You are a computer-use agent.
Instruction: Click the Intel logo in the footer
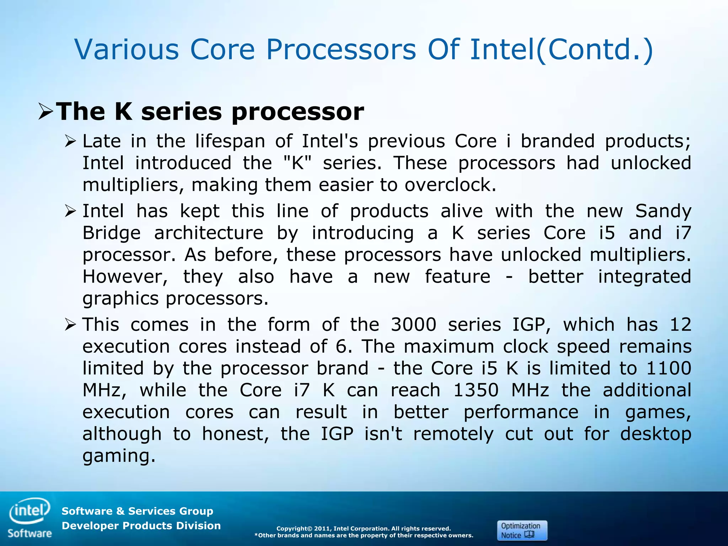pyautogui.click(x=30, y=511)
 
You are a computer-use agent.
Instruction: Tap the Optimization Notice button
pyautogui.click(x=522, y=530)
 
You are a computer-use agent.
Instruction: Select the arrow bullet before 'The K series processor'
pyautogui.click(x=45, y=112)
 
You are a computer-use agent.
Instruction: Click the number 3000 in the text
pyautogui.click(x=413, y=325)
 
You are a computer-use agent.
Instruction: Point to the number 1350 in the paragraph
pyautogui.click(x=476, y=390)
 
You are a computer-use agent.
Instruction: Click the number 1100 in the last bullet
pyautogui.click(x=668, y=368)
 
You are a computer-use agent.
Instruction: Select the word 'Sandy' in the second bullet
pyautogui.click(x=663, y=211)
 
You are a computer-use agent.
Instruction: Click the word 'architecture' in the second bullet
pyautogui.click(x=209, y=233)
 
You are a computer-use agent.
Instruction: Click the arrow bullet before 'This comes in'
pyautogui.click(x=70, y=325)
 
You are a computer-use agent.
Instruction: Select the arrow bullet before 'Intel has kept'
pyautogui.click(x=70, y=212)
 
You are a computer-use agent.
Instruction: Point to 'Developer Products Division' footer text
pyautogui.click(x=141, y=526)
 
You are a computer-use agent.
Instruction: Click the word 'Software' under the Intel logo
pyautogui.click(x=30, y=534)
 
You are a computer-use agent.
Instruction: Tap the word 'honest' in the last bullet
pyautogui.click(x=235, y=434)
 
